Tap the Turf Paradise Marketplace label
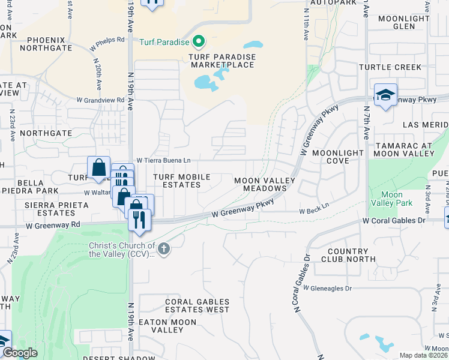coord(213,61)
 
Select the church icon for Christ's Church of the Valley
coord(163,248)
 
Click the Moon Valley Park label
coord(392,199)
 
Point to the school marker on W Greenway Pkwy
coord(385,95)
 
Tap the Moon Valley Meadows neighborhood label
coord(265,184)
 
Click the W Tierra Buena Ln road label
coord(163,160)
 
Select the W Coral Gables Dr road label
coord(393,221)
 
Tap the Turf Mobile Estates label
coord(181,181)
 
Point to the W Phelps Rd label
coord(107,43)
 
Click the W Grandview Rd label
coord(100,100)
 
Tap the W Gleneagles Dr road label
coord(327,288)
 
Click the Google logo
coord(20,353)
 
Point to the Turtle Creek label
coord(391,67)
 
